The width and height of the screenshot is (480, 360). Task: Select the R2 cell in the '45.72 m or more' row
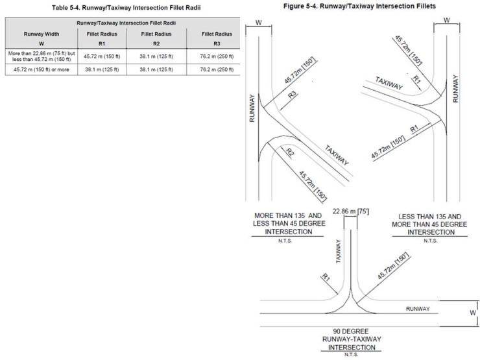point(158,70)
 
